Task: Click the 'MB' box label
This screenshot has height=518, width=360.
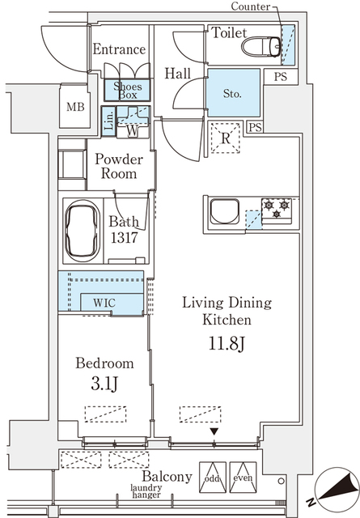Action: pyautogui.click(x=75, y=107)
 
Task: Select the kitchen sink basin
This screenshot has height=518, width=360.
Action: pyautogui.click(x=223, y=214)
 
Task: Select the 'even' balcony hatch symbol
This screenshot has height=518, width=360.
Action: pyautogui.click(x=242, y=475)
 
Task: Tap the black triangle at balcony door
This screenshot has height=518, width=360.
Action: pyautogui.click(x=214, y=432)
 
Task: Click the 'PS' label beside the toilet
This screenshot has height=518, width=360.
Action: pyautogui.click(x=280, y=78)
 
